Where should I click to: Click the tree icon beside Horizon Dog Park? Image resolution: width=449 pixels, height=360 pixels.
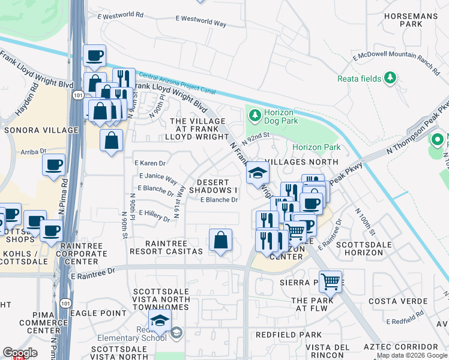click(254, 114)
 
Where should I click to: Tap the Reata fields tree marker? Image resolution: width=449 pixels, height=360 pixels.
click(391, 77)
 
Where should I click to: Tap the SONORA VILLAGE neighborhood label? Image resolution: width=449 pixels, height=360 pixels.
click(41, 130)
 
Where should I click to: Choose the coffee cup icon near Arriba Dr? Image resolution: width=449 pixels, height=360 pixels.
click(53, 164)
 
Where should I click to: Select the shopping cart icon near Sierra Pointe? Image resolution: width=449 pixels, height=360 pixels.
click(330, 280)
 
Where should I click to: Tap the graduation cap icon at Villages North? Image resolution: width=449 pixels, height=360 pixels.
click(258, 173)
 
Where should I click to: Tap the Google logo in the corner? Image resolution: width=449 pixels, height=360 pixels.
click(20, 353)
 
